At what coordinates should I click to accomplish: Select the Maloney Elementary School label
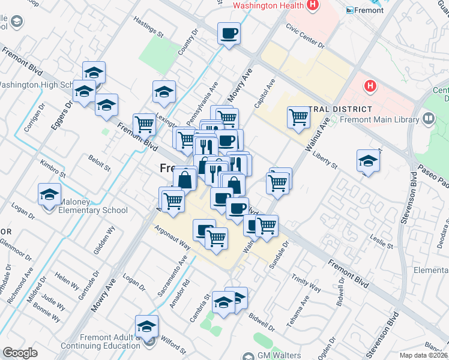(92, 210)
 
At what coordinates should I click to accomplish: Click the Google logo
(20, 353)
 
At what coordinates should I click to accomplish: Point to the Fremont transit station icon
(351, 10)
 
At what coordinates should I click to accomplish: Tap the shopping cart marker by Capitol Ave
(298, 117)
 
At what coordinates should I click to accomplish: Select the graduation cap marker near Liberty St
(368, 160)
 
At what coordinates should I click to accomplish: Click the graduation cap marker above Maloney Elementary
(49, 194)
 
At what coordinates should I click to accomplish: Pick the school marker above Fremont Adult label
(146, 326)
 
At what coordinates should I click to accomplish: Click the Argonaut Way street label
(172, 238)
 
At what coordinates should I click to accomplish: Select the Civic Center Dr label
(305, 36)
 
